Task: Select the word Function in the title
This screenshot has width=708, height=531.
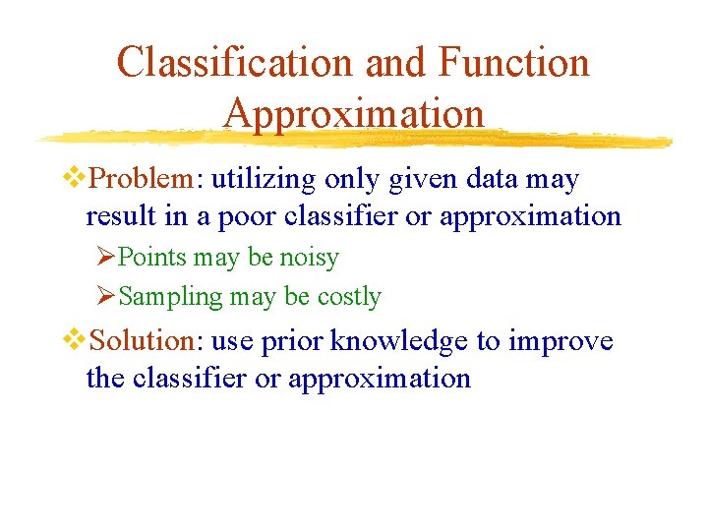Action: coord(513,63)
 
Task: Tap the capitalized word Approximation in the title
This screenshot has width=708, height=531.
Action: coord(354,113)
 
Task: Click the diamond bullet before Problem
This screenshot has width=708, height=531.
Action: coord(75,179)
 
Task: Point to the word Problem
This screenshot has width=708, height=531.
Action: coord(142,180)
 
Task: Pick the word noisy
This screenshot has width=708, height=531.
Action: coord(309,258)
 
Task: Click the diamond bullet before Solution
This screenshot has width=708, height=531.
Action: coord(75,340)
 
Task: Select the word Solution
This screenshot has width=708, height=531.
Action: coord(144,341)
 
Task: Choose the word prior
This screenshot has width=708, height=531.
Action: coord(293,342)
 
